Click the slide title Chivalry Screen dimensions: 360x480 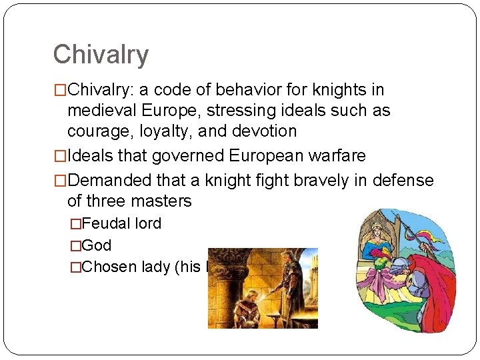(x=101, y=55)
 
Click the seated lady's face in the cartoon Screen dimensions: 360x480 (x=377, y=231)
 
